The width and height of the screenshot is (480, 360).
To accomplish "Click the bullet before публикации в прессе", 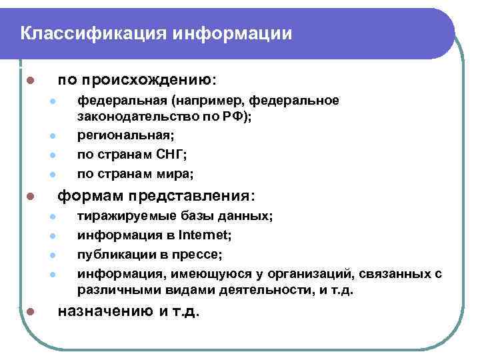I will coord(51,255).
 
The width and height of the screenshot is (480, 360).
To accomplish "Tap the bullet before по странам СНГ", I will coord(51,156).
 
